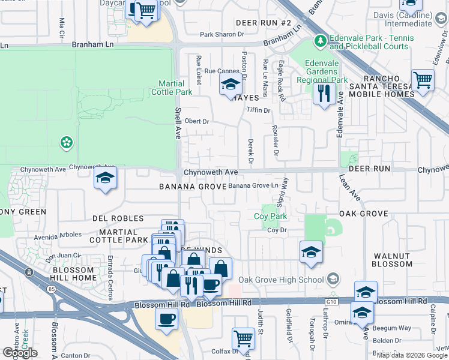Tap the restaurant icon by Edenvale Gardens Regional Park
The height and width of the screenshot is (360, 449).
point(324,93)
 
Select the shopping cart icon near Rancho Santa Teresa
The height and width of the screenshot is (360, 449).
point(423,80)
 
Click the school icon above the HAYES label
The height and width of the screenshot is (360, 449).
point(229,86)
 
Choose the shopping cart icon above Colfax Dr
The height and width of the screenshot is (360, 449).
point(243,339)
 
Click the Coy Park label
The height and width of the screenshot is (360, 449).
point(270,216)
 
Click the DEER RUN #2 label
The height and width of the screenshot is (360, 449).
point(263,23)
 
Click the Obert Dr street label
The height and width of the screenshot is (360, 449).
point(196,121)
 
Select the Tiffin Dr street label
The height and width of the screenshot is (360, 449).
point(259,110)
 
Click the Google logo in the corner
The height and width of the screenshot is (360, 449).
point(19,353)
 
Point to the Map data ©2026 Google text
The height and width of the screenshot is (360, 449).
point(411,355)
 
